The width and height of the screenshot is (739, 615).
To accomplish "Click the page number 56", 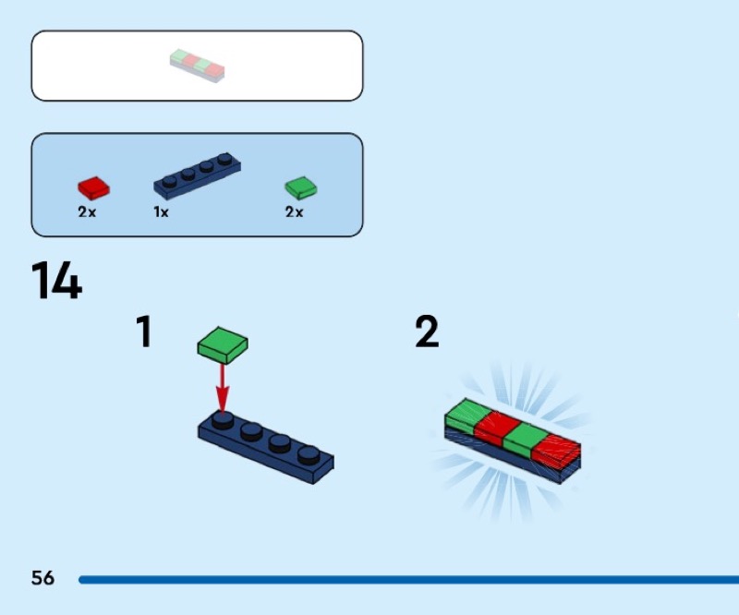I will (42, 579).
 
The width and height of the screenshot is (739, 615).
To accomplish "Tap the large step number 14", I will (56, 281).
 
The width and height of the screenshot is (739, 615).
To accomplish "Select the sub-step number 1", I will (143, 332).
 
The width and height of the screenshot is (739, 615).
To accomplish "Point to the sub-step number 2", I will (427, 332).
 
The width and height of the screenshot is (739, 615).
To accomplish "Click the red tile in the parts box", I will (93, 188).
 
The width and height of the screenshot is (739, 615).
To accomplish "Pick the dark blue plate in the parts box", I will (198, 175).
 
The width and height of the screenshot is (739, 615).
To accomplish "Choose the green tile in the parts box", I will (300, 188).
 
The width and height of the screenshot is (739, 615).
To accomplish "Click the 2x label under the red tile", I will (87, 211).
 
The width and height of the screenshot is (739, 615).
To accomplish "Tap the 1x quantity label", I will (161, 211).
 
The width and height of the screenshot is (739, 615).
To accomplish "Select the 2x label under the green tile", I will (294, 211).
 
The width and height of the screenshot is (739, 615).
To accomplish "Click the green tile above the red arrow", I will (223, 344).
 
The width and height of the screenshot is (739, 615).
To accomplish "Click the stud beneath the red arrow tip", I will (223, 420).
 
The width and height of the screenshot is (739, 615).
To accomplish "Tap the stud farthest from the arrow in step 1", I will (309, 453).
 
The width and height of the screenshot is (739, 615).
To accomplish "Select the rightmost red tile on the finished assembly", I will (556, 450).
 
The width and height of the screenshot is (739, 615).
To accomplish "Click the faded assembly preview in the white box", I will (198, 66).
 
